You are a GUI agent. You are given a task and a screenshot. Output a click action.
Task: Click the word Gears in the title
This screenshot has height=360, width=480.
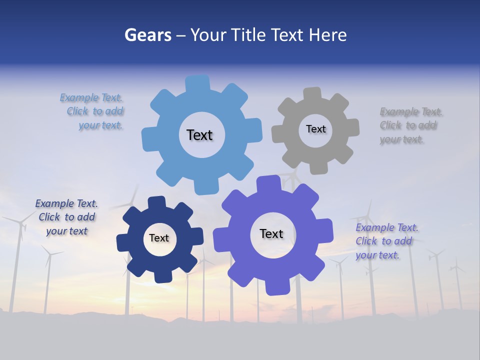pyautogui.click(x=147, y=35)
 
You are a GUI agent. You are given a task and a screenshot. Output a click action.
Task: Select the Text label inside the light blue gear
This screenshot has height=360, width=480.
pyautogui.click(x=199, y=135)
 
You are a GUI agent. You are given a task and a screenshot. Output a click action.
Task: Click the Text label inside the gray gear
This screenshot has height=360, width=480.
pyautogui.click(x=315, y=129)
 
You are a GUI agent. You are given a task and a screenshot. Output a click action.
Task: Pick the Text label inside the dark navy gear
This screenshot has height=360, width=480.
pyautogui.click(x=159, y=238)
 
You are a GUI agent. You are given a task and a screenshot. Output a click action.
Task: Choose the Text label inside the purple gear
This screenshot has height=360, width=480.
pyautogui.click(x=271, y=233)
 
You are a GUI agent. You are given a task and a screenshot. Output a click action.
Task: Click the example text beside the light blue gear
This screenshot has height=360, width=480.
pyautogui.click(x=92, y=111)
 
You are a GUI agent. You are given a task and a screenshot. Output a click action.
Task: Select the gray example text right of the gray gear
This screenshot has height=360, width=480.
pyautogui.click(x=410, y=125)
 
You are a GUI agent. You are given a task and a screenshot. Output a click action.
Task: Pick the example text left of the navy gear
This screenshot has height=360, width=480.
pyautogui.click(x=66, y=217)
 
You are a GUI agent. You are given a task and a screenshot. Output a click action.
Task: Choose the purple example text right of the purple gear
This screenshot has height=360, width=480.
pyautogui.click(x=386, y=241)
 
